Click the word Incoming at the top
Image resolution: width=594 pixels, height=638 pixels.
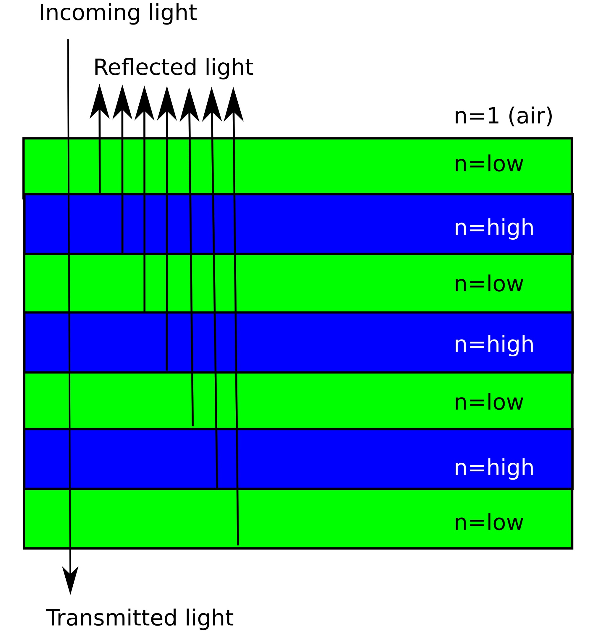pyautogui.click(x=90, y=14)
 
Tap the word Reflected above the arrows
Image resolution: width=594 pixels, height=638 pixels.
pyautogui.click(x=145, y=68)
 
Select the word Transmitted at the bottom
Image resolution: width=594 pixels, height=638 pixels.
pyautogui.click(x=111, y=618)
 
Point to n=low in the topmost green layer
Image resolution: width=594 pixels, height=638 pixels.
pyautogui.click(x=488, y=164)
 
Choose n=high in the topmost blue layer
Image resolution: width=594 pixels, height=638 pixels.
pyautogui.click(x=494, y=228)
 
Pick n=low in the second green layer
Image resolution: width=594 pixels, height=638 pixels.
pyautogui.click(x=488, y=284)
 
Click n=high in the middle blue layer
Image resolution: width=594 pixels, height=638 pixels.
pyautogui.click(x=494, y=344)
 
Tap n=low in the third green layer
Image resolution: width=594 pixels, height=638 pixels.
pyautogui.click(x=488, y=402)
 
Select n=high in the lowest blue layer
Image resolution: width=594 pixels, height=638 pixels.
pyautogui.click(x=494, y=467)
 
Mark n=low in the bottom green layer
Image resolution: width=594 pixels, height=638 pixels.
pyautogui.click(x=488, y=522)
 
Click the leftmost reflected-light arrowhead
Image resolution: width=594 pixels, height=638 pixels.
pyautogui.click(x=100, y=103)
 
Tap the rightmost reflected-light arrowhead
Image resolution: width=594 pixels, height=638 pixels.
pyautogui.click(x=233, y=105)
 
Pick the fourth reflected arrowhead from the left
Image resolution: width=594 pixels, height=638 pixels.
pyautogui.click(x=167, y=104)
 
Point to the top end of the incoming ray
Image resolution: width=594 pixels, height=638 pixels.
pyautogui.click(x=68, y=40)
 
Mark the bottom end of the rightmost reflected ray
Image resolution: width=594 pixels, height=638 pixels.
pyautogui.click(x=238, y=544)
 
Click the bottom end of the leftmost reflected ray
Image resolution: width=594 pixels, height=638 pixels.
pyautogui.click(x=100, y=192)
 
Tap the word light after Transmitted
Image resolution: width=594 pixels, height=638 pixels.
pyautogui.click(x=209, y=618)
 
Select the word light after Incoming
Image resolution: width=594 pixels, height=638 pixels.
pyautogui.click(x=173, y=14)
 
